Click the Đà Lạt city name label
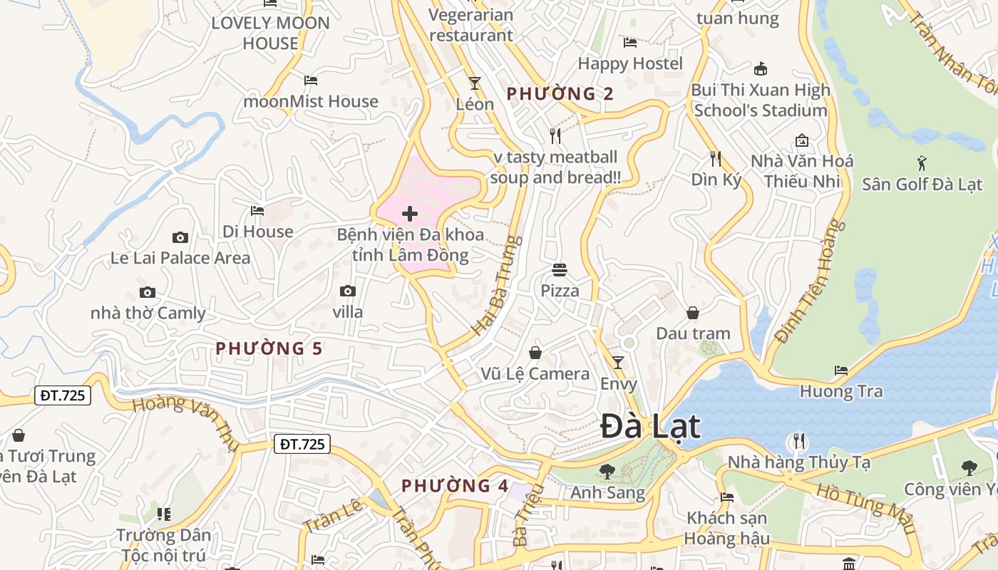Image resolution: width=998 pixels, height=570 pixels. (650, 427)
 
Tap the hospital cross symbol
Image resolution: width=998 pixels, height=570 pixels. (410, 213)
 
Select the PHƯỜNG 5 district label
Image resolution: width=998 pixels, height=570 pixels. (269, 348)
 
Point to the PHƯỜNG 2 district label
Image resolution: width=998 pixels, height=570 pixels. (560, 93)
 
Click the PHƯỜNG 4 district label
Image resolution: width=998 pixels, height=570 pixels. (455, 486)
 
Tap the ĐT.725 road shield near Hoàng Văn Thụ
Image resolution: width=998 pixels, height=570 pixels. (63, 395)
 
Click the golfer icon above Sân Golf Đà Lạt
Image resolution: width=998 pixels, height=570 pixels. (922, 162)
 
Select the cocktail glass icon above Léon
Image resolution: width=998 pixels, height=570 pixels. (474, 83)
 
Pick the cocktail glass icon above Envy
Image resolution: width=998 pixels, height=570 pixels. (618, 363)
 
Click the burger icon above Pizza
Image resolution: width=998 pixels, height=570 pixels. (560, 270)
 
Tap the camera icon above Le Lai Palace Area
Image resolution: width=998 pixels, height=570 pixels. (180, 237)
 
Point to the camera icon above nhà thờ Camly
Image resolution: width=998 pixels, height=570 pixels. (148, 292)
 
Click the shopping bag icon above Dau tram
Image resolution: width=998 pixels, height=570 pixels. (693, 313)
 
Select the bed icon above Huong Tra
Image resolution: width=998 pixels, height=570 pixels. (841, 370)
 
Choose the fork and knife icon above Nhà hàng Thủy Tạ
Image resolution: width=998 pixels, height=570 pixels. (798, 441)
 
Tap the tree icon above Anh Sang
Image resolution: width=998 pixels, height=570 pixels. (607, 471)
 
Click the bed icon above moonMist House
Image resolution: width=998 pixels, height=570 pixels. (310, 81)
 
